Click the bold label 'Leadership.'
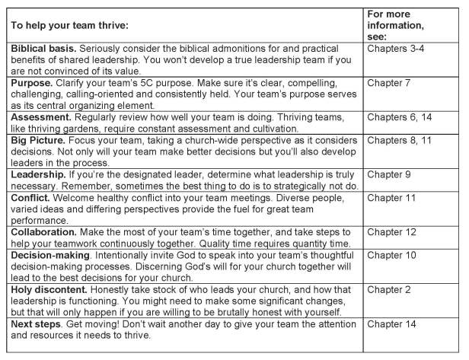(x=38, y=174)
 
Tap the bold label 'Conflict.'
(x=32, y=197)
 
